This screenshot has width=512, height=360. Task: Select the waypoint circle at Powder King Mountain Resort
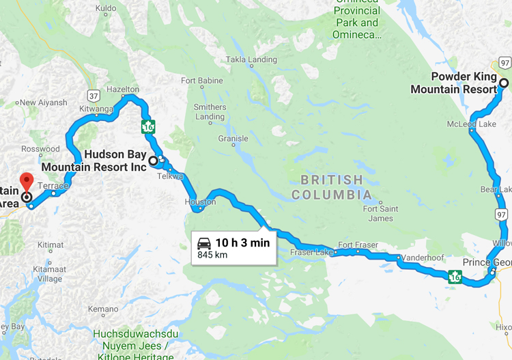504,84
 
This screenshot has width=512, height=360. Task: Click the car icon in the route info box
203,243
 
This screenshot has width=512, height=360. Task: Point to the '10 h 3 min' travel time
242,243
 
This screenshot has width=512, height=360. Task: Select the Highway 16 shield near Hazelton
147,126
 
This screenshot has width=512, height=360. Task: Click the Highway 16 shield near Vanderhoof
455,277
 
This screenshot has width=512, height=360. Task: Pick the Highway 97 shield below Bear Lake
501,215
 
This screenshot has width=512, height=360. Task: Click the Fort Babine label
202,81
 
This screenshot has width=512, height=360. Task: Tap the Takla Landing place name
251,60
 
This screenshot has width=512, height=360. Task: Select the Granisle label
233,139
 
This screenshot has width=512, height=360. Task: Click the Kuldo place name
106,9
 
